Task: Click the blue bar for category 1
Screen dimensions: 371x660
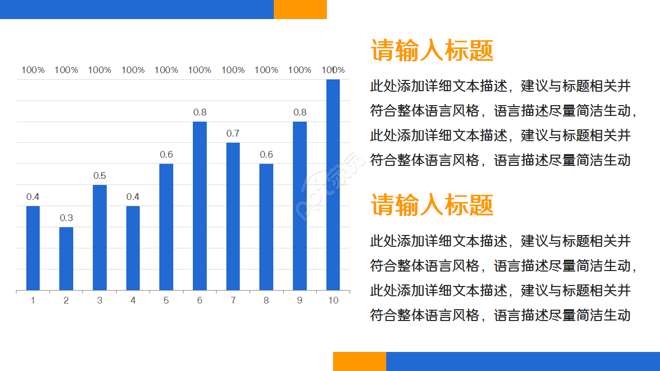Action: point(33,248)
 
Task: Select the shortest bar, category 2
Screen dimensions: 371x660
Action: point(66,259)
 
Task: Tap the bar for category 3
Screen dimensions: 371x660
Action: point(100,238)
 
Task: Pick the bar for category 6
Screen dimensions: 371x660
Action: point(200,206)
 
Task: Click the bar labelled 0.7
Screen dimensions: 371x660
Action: point(233,216)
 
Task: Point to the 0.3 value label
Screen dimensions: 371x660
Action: point(66,218)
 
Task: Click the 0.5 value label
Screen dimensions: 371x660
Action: point(100,176)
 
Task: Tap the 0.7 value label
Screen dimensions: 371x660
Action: point(233,133)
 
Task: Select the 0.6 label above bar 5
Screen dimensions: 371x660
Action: point(166,155)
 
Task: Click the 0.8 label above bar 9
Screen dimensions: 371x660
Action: point(300,112)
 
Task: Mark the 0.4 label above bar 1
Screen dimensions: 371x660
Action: point(33,197)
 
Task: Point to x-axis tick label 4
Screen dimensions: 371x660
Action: point(133,300)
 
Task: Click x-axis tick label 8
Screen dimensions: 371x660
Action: point(266,300)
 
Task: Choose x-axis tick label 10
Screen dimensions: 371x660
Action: point(333,300)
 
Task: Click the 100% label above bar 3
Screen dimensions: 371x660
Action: point(100,70)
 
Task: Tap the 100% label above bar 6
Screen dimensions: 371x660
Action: point(200,70)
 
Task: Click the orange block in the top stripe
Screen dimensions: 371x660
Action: point(300,9)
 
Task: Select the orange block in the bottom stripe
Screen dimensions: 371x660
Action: point(359,361)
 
